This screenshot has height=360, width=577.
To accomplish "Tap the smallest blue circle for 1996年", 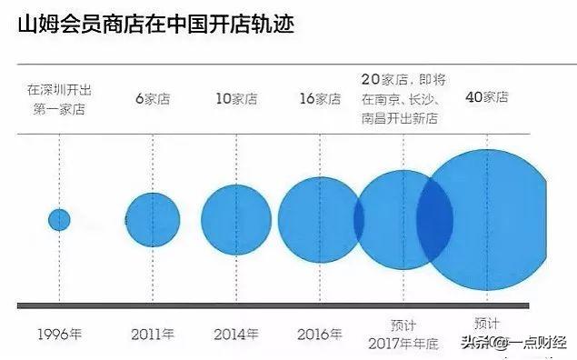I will click(59, 219).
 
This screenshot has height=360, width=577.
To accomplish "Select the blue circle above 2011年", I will click(152, 219).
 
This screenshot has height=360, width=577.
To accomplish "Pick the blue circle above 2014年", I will click(236, 219).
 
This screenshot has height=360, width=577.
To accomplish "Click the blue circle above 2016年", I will click(318, 219).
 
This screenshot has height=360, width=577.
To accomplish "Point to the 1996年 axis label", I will click(60, 334).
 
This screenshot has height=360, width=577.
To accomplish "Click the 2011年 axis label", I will click(153, 334).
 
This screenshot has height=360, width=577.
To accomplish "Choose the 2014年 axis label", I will click(236, 334).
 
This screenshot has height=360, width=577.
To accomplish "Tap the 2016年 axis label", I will click(320, 334).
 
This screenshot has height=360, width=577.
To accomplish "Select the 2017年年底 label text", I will click(404, 343).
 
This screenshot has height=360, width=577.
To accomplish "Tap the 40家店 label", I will click(486, 97).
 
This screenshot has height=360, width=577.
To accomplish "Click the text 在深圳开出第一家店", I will click(59, 98).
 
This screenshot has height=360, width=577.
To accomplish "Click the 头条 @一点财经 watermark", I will click(514, 342).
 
